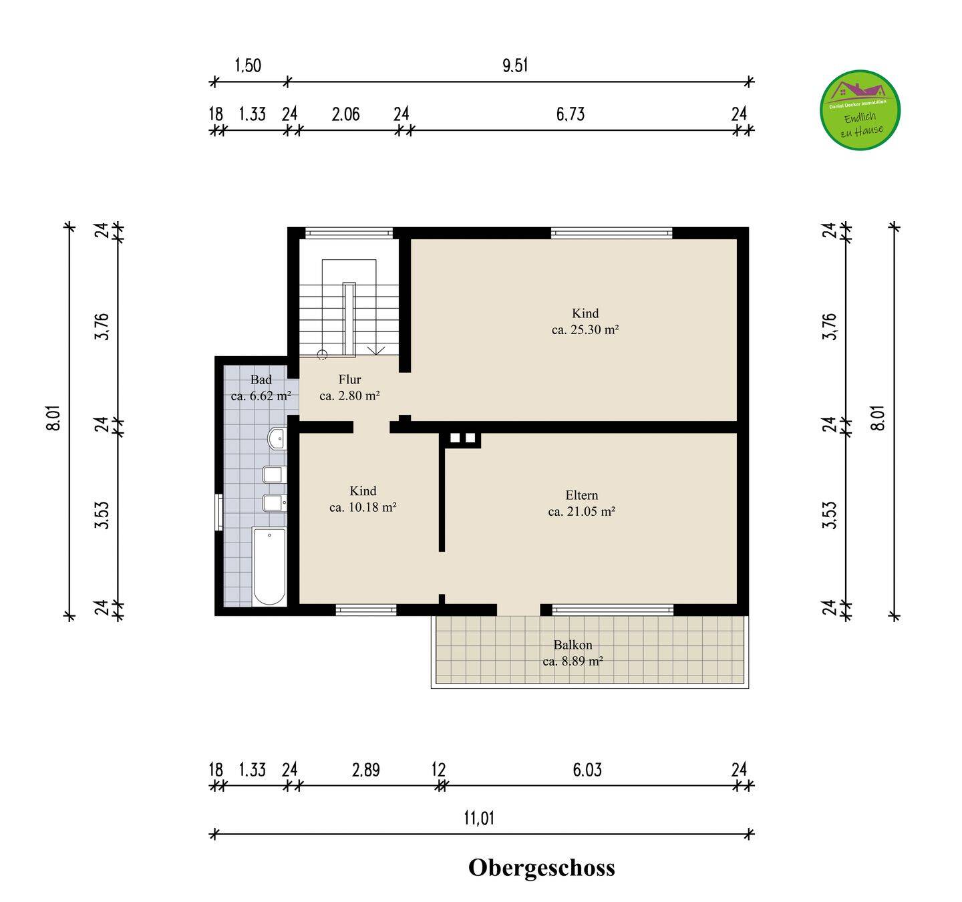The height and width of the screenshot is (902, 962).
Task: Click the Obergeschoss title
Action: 542,868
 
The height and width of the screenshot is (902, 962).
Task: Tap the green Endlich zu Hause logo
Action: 860,110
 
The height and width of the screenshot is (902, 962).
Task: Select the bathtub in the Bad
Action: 269,566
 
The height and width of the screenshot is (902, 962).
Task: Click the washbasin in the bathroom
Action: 277,439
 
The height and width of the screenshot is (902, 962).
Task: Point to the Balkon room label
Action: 573,645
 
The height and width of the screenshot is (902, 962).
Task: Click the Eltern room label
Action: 582,495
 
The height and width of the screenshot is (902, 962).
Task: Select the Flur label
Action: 350,379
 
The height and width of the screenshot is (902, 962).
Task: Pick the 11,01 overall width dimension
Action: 479,818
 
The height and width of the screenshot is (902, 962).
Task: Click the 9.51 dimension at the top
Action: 515,65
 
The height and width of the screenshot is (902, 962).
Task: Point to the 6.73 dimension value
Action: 571,114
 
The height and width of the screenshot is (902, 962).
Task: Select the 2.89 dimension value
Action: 365,770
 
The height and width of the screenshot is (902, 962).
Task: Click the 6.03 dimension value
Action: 587,770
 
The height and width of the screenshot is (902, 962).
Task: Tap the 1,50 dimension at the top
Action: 248,65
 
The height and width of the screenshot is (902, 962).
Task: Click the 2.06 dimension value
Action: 346,114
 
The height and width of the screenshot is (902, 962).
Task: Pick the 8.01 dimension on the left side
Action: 54,418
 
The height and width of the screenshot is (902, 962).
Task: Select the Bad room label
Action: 261,380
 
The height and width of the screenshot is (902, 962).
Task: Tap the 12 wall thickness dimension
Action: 438,770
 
